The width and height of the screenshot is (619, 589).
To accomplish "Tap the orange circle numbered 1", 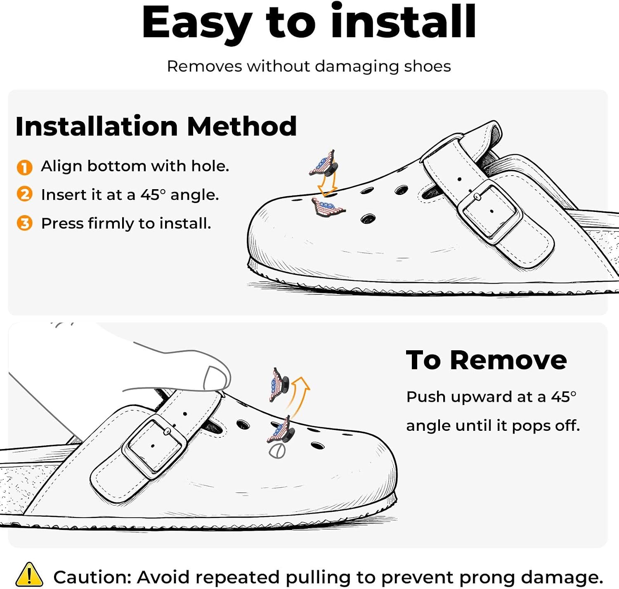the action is click(25, 167).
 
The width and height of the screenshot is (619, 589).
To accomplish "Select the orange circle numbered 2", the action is click(25, 194).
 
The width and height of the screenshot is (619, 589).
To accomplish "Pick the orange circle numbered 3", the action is click(25, 223).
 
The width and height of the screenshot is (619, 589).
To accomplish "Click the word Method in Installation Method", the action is click(242, 126).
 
